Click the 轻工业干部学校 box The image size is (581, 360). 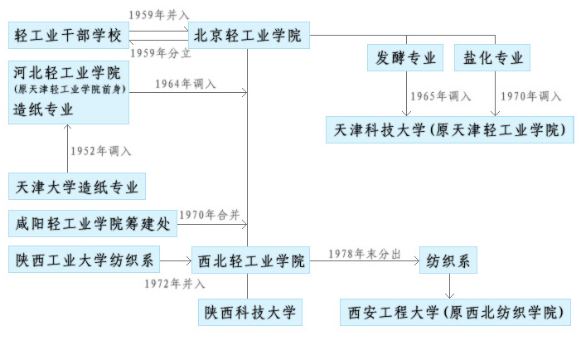68,36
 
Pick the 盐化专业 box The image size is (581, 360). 491,58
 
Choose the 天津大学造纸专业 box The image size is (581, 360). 77,187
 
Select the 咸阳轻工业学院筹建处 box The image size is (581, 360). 93,223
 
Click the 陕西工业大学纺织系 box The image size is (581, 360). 85,260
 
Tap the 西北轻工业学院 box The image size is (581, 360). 250,260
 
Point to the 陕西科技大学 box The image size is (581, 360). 250,313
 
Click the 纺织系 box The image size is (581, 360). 449,260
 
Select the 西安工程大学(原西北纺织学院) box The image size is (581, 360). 456,313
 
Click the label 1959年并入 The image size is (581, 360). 159,16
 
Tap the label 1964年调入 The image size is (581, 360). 184,84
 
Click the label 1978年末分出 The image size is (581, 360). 365,253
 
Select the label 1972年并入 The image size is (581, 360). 174,284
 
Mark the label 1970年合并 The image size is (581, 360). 210,215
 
